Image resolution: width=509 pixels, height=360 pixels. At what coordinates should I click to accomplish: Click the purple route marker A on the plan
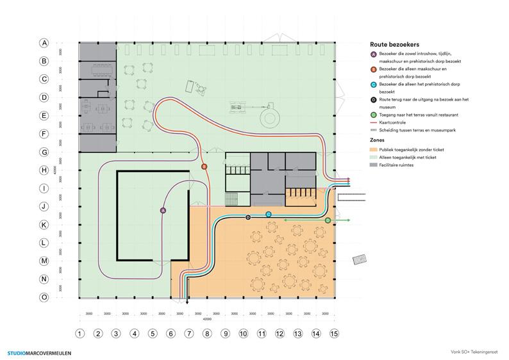[163, 210]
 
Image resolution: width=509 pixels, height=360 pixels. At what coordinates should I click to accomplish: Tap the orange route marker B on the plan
[204, 167]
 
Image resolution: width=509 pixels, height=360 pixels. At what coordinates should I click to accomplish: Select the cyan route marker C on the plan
[269, 214]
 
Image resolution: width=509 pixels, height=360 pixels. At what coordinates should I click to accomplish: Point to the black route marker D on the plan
[248, 218]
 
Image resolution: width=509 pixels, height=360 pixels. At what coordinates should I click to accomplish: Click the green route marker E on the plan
[328, 220]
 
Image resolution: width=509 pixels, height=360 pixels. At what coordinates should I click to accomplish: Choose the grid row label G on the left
[44, 152]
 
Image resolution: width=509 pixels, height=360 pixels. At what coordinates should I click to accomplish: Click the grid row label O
[44, 297]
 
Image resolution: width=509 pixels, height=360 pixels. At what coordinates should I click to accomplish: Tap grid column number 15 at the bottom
[334, 334]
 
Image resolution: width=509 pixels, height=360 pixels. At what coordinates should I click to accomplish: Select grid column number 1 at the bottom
[79, 334]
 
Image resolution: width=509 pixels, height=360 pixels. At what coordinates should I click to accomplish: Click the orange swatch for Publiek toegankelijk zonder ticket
[374, 149]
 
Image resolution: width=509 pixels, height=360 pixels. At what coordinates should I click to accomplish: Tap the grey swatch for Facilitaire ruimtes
[374, 165]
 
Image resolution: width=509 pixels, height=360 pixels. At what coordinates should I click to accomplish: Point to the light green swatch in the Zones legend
[374, 157]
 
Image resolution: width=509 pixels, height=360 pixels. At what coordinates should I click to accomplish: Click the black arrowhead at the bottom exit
[187, 302]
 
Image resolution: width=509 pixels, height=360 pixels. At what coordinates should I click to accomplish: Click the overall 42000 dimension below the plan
[206, 319]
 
